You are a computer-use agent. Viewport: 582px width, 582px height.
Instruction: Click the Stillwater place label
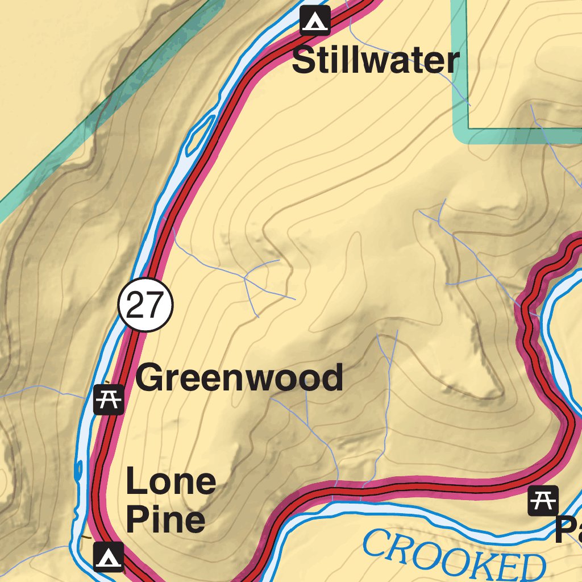(375, 61)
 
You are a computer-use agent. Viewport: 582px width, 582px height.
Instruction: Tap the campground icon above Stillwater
(315, 20)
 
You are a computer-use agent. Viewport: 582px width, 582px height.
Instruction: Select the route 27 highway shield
(145, 306)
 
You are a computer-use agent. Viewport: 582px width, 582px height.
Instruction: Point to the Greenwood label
(239, 378)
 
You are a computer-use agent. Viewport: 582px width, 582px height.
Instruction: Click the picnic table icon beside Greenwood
(109, 400)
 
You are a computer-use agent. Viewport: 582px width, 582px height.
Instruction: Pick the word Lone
(171, 482)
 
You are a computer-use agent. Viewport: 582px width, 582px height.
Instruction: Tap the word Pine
(165, 519)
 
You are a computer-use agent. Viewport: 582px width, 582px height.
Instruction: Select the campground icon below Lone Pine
(108, 556)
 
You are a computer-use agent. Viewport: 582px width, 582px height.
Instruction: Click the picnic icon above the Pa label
(543, 501)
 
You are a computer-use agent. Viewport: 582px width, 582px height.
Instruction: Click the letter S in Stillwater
(304, 61)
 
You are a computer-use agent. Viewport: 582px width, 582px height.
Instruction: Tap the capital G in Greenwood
(149, 378)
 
